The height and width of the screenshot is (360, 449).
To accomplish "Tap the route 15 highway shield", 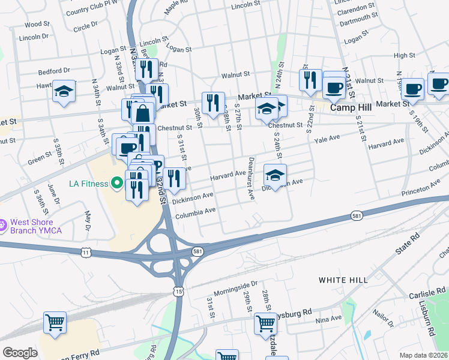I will (179, 290).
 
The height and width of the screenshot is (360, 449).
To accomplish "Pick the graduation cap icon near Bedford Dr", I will (64, 91).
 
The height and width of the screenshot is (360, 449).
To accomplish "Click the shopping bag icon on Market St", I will (144, 112).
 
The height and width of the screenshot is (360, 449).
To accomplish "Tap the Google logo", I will (20, 353).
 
